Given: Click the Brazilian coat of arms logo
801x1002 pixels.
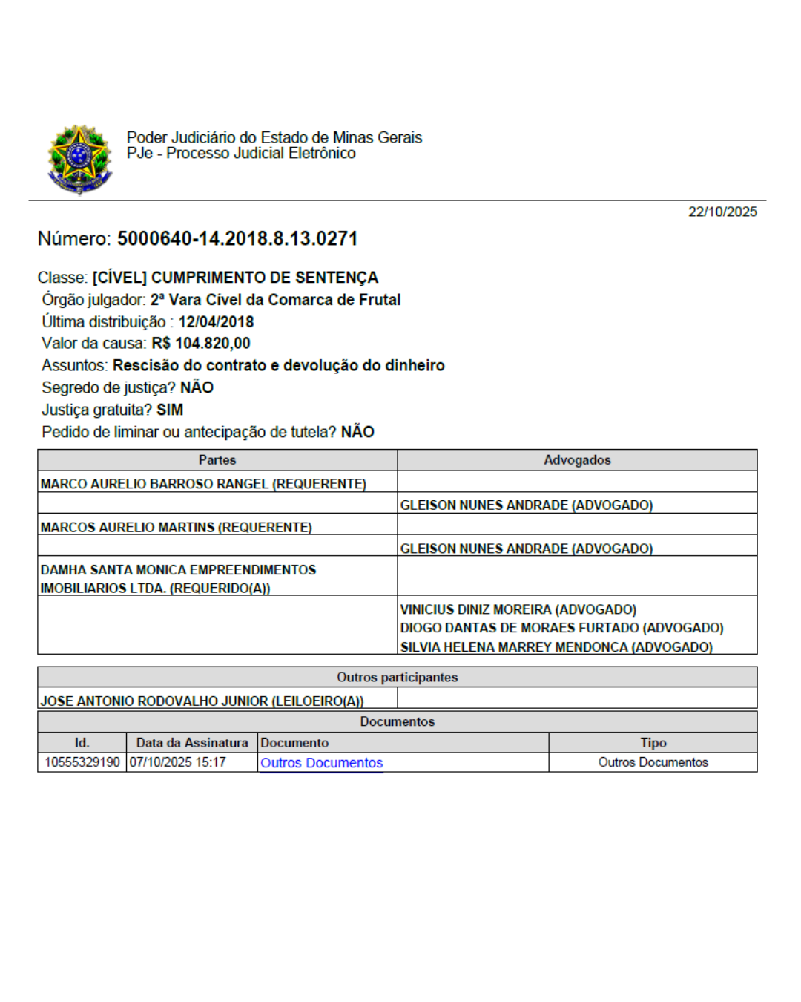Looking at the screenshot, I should [79, 159].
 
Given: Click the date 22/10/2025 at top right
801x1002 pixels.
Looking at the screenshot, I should [722, 212].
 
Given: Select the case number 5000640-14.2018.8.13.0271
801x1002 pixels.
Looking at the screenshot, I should [237, 238].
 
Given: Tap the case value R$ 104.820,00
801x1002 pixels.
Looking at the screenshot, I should [201, 343].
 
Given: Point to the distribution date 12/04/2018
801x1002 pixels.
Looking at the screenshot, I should [216, 321].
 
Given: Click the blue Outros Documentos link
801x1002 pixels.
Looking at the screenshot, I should [321, 762].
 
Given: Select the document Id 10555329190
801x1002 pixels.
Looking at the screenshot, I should [82, 762].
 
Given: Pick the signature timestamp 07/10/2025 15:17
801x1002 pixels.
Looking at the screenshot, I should [178, 762].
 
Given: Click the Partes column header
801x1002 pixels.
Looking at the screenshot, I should [217, 460].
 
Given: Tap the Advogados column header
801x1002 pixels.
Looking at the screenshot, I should [577, 460].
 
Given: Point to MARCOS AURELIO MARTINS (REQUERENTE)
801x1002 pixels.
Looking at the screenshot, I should [177, 527].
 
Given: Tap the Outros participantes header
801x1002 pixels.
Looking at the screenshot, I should [398, 677].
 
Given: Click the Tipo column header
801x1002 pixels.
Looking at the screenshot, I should [653, 742].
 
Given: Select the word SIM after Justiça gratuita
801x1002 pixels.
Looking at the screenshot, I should [170, 410].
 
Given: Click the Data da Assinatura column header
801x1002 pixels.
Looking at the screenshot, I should [192, 742].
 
